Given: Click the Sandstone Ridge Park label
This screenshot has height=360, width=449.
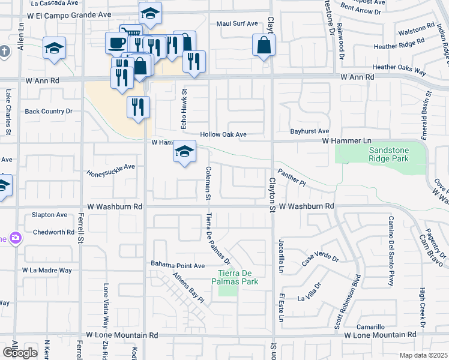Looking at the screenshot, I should click(x=388, y=154).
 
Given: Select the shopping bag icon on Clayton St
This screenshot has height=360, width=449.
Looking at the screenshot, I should click(x=264, y=45).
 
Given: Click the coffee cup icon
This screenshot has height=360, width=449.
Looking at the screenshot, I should click(x=116, y=43).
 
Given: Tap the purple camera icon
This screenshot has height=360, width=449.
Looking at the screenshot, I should click(x=15, y=238).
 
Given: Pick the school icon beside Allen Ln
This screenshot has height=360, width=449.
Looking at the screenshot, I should click(x=54, y=48).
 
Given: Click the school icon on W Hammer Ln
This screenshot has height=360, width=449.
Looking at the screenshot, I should click(x=184, y=152).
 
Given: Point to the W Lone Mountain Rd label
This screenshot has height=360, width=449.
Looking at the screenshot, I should click(x=122, y=335).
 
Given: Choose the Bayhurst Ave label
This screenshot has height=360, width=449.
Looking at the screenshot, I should click(x=309, y=131).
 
